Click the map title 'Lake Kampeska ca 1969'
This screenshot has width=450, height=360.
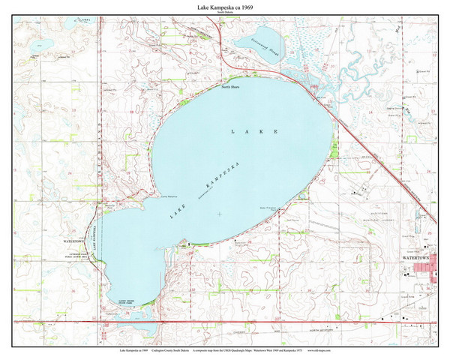[x=224, y=7]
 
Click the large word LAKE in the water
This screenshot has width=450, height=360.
[x=254, y=131]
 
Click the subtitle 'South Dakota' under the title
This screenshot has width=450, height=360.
[x=224, y=13]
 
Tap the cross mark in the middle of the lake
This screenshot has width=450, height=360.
[x=219, y=214]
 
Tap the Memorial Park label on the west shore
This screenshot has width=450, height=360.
[x=75, y=259]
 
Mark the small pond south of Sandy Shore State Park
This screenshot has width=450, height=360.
[x=147, y=327]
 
